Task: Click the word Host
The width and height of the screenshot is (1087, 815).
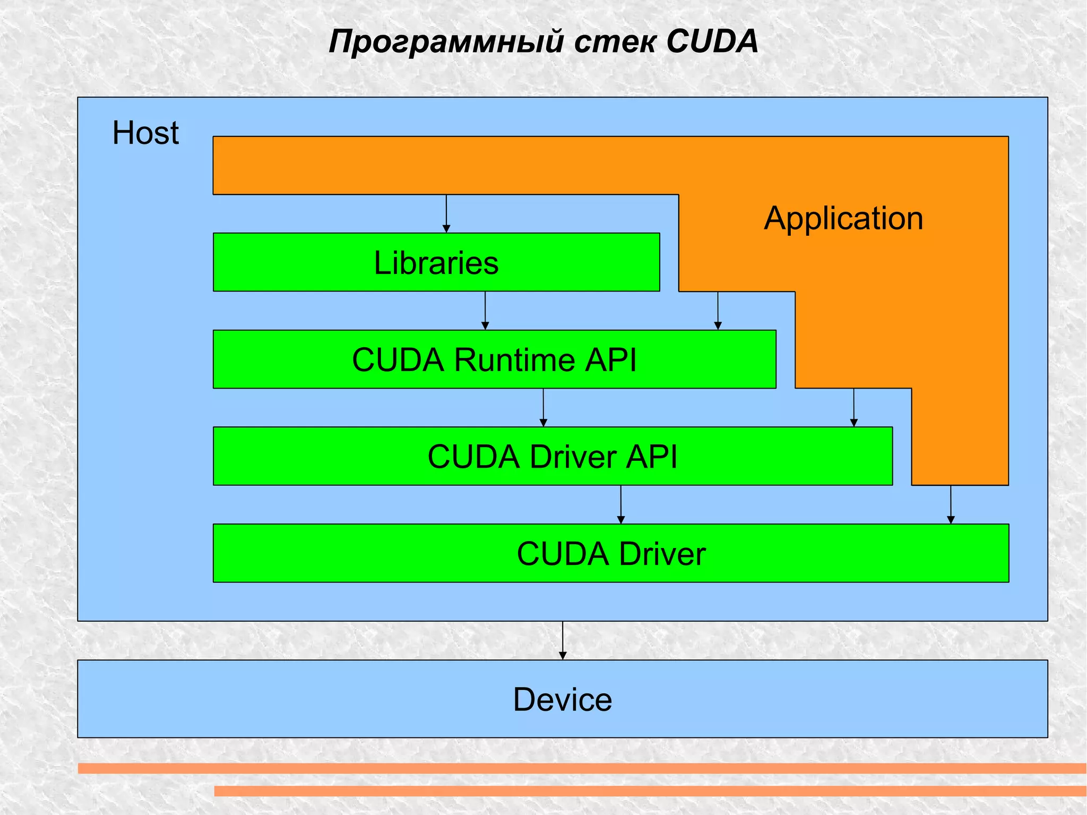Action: pyautogui.click(x=145, y=133)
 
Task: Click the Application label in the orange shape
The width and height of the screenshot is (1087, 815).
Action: pyautogui.click(x=843, y=218)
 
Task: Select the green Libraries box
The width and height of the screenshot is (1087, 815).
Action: pyautogui.click(x=436, y=262)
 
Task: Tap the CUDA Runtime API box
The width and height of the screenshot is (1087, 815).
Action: pyautogui.click(x=494, y=359)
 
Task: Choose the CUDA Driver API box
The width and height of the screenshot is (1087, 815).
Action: pyautogui.click(x=553, y=456)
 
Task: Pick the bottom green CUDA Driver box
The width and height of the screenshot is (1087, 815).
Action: pyautogui.click(x=611, y=553)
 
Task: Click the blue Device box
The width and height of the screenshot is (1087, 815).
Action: pyautogui.click(x=563, y=699)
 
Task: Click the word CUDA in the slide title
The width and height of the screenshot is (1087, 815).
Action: pyautogui.click(x=712, y=41)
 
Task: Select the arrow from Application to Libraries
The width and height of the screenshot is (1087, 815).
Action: pyautogui.click(x=446, y=213)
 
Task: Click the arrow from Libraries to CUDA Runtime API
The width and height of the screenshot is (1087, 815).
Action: pyautogui.click(x=485, y=311)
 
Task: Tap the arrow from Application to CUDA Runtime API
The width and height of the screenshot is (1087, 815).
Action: pyautogui.click(x=718, y=311)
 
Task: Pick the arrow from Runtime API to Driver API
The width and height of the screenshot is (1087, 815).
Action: pyautogui.click(x=543, y=408)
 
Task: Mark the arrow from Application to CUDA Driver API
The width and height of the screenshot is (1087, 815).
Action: pyautogui.click(x=854, y=408)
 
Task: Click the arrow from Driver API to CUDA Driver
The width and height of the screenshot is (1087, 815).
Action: pyautogui.click(x=621, y=504)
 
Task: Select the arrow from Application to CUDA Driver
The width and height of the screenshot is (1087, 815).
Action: pyautogui.click(x=951, y=504)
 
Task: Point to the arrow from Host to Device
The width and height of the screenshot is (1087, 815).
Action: pyautogui.click(x=563, y=640)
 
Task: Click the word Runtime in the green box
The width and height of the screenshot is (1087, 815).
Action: pyautogui.click(x=515, y=360)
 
